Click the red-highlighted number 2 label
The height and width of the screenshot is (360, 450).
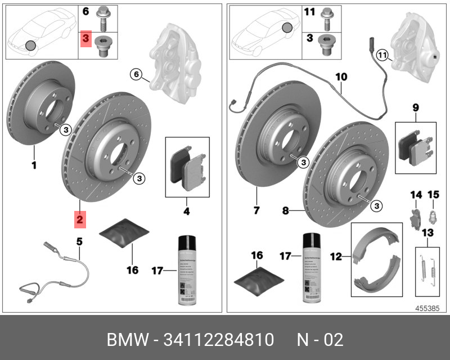pyautogui.click(x=80, y=219)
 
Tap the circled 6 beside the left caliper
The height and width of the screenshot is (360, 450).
pyautogui.click(x=136, y=74)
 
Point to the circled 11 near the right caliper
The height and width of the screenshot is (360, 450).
pyautogui.click(x=382, y=55)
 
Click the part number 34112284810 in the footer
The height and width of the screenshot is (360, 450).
pyautogui.click(x=218, y=340)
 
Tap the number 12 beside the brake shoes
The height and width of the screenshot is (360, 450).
pyautogui.click(x=336, y=256)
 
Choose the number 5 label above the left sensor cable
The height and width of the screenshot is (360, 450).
pyautogui.click(x=79, y=242)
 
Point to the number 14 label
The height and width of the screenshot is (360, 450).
pyautogui.click(x=415, y=195)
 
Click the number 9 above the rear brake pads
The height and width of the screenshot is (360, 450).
pyautogui.click(x=415, y=107)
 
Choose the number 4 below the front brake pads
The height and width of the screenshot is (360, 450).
pyautogui.click(x=187, y=211)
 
